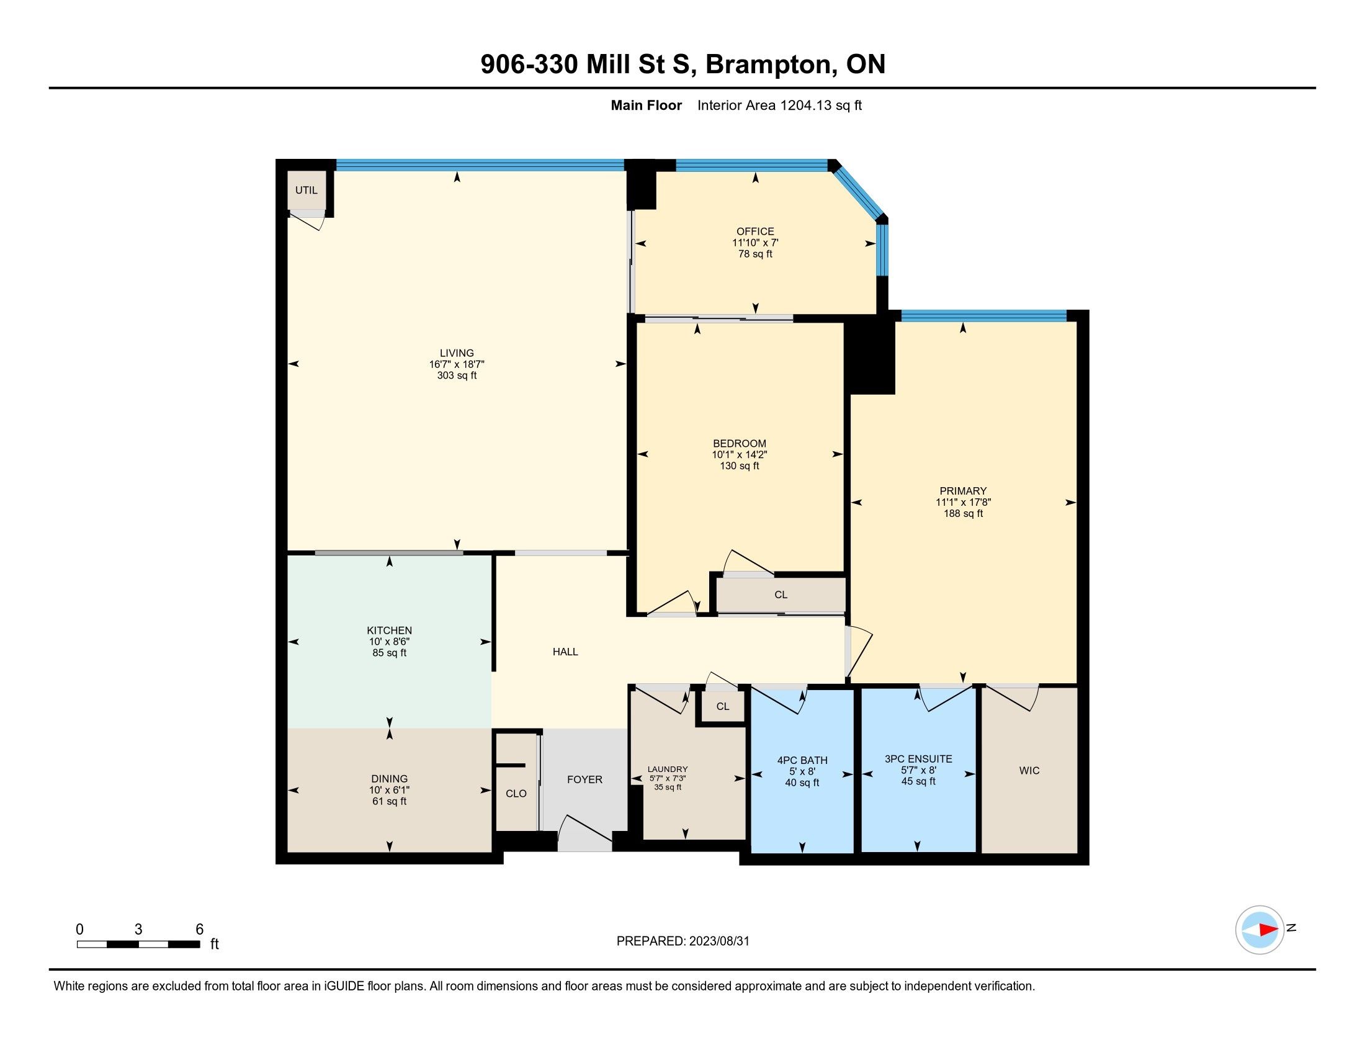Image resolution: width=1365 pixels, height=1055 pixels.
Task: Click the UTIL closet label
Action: click(x=307, y=190)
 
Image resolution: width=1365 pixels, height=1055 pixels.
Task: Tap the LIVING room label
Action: click(x=457, y=353)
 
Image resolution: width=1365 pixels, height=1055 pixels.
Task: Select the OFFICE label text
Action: click(x=755, y=231)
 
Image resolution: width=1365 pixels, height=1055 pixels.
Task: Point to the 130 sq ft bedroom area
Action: click(x=740, y=465)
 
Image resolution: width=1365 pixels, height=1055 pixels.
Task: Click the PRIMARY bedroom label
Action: click(x=963, y=492)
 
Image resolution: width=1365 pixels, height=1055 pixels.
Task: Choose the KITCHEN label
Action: click(x=390, y=631)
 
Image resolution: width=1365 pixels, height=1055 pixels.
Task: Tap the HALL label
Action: click(x=565, y=652)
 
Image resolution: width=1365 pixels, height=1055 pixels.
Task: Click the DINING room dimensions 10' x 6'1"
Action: click(x=390, y=790)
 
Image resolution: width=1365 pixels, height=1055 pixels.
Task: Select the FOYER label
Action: click(x=584, y=779)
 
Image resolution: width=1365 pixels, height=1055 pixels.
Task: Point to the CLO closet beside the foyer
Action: click(x=516, y=794)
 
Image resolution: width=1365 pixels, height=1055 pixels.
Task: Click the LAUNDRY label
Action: click(x=668, y=770)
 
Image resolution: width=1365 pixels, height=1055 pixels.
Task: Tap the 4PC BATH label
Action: click(x=802, y=761)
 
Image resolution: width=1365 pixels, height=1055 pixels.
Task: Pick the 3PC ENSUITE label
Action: click(x=918, y=760)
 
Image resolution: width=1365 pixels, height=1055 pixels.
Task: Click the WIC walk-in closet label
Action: click(x=1029, y=771)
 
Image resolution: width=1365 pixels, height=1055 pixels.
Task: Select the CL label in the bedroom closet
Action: click(x=781, y=595)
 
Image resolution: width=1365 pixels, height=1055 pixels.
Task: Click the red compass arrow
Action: click(x=1268, y=930)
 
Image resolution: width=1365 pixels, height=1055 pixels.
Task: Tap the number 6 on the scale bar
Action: click(x=199, y=930)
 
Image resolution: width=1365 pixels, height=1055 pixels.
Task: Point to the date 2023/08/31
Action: click(x=718, y=941)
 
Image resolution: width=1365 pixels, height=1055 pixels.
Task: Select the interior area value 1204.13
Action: click(x=807, y=105)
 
